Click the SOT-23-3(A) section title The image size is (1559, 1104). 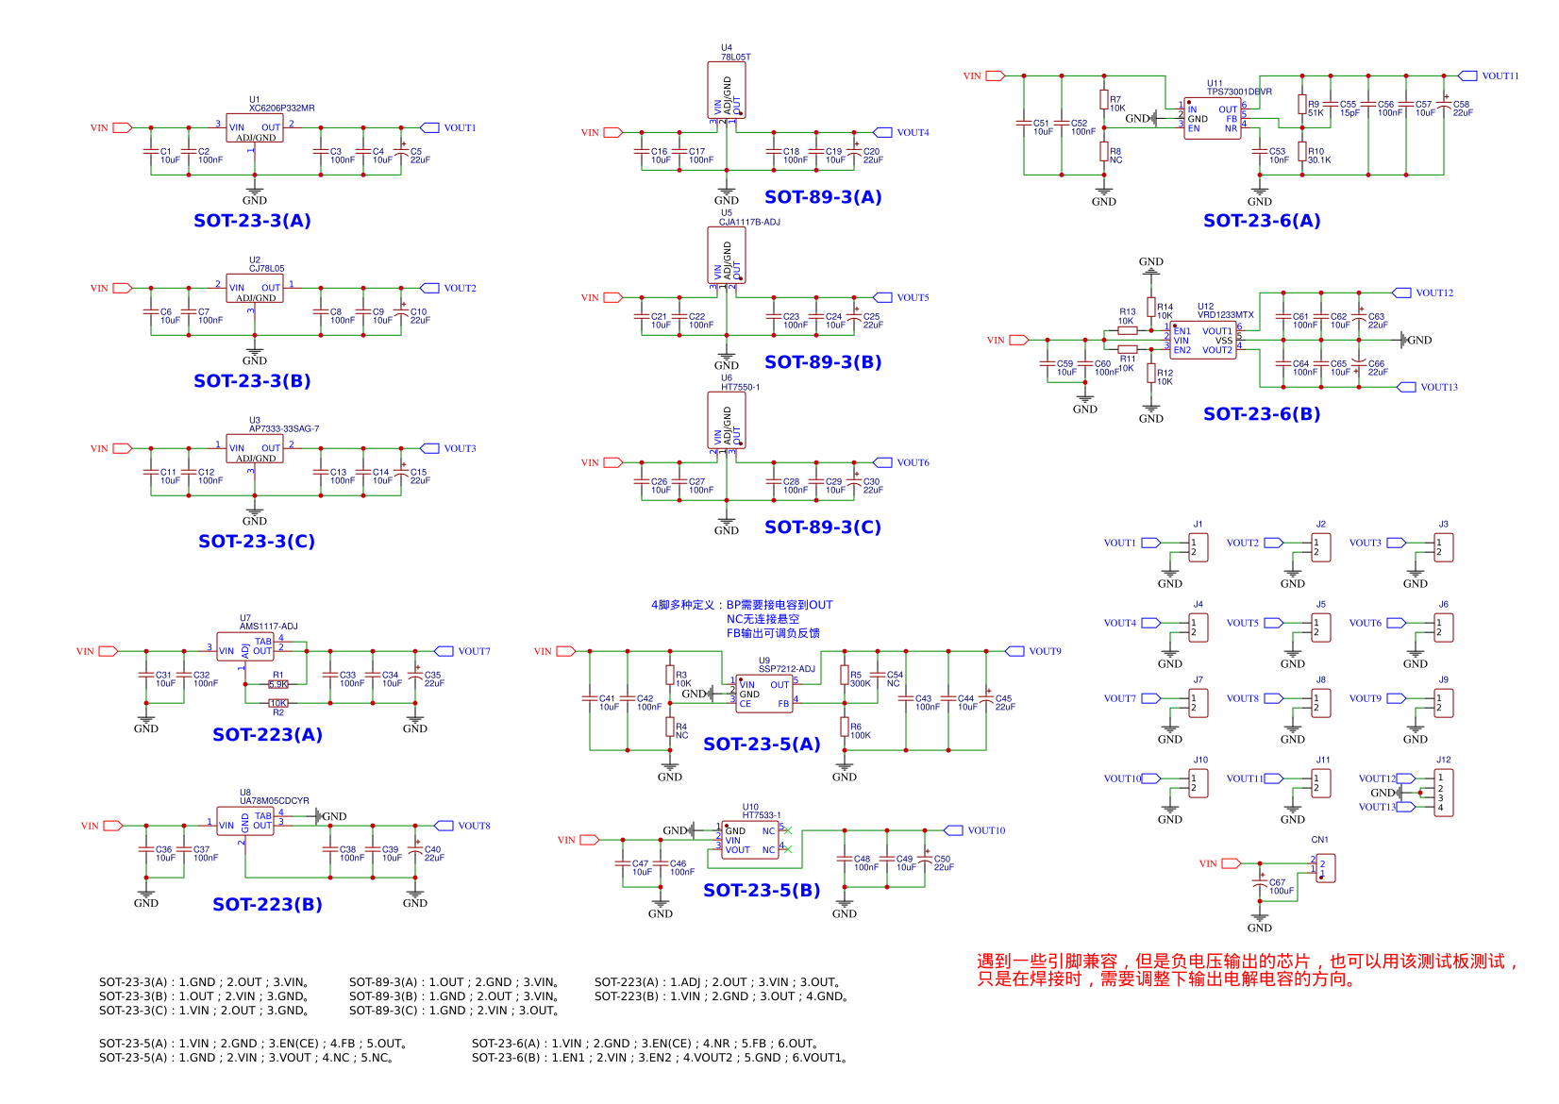pos(252,221)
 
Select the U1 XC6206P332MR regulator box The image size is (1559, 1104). pos(255,128)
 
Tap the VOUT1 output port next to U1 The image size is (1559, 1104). pos(429,127)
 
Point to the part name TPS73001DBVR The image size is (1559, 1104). pos(1239,92)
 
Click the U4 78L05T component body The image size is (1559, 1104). pos(727,91)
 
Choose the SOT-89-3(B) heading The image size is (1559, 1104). pos(823,362)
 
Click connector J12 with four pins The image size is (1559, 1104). pos(1443,793)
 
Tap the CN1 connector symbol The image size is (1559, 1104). pos(1325,868)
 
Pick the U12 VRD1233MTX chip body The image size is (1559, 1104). pos(1203,341)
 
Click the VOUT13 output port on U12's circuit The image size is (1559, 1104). pos(1406,387)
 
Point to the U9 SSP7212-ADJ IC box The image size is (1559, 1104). pos(764,694)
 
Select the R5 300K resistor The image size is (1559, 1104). pos(845,676)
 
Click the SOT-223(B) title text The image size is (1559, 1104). pos(267,905)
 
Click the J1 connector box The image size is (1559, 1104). pos(1199,547)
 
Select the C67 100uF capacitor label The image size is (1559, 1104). pos(1281,887)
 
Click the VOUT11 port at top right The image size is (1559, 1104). pos(1467,75)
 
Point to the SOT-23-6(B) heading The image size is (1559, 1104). pos(1262,414)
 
